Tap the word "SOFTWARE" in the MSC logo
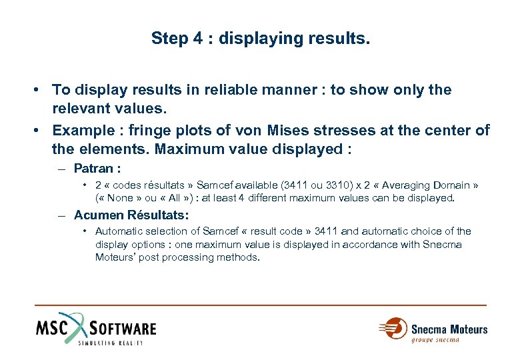coord(123,329)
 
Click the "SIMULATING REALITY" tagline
coord(110,343)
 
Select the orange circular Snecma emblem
coord(395,328)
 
